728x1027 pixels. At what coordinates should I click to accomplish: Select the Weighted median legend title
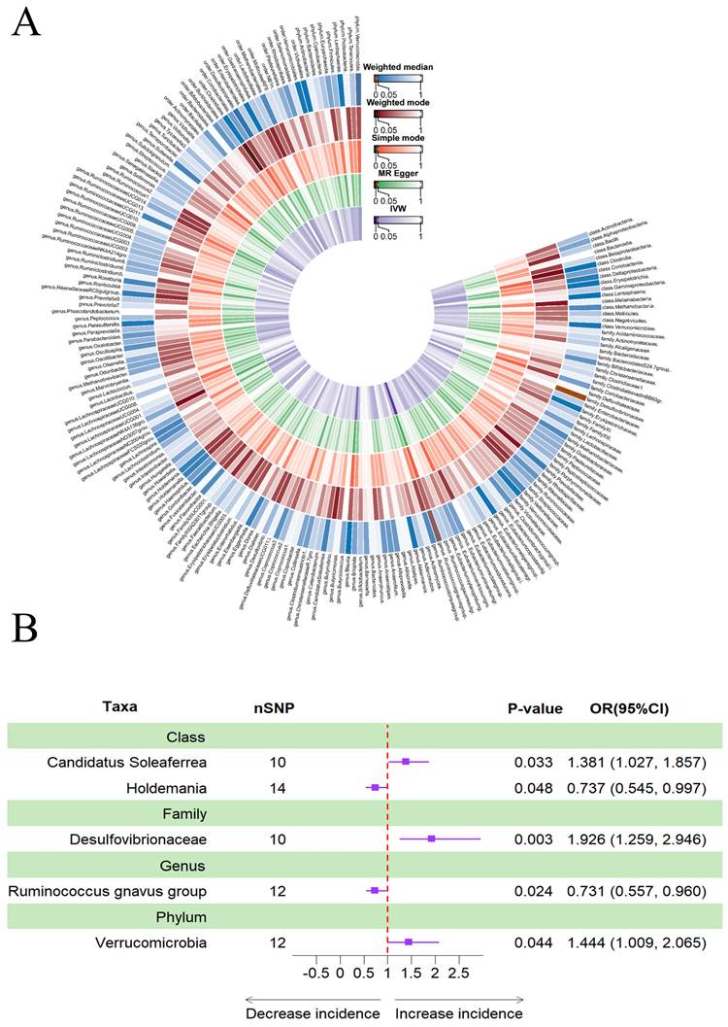click(x=399, y=67)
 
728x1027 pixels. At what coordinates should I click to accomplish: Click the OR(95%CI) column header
click(x=635, y=708)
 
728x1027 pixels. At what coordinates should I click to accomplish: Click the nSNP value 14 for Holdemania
click(x=278, y=787)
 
